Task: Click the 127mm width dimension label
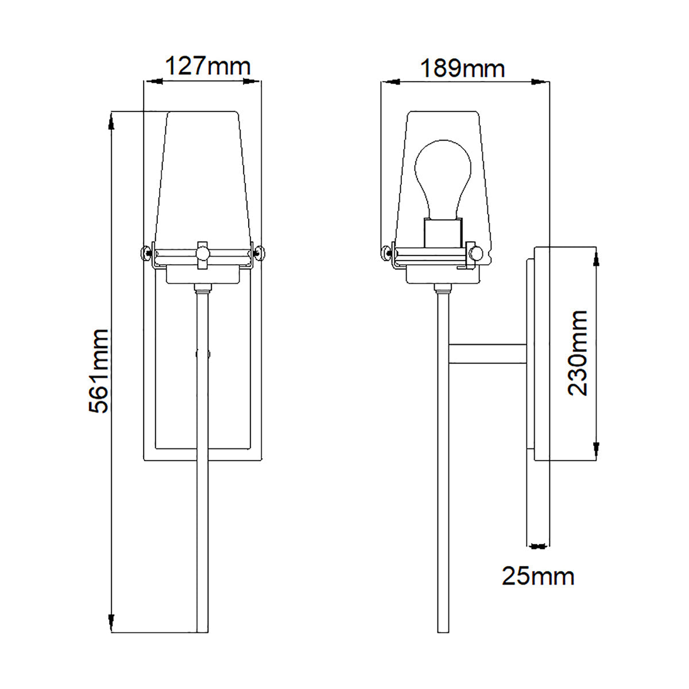pyautogui.click(x=208, y=66)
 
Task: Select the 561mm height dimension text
pyautogui.click(x=98, y=371)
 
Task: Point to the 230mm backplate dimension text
pyautogui.click(x=578, y=353)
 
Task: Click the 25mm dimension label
pyautogui.click(x=538, y=576)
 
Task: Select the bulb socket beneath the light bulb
pyautogui.click(x=443, y=233)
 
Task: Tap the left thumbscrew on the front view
pyautogui.click(x=146, y=253)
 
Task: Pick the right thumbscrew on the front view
pyautogui.click(x=259, y=253)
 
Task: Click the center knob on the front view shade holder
pyautogui.click(x=202, y=253)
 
